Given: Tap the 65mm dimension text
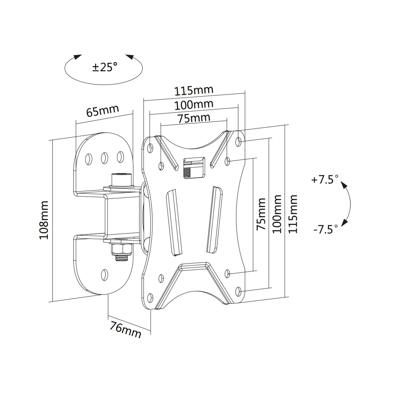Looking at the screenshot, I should point(102,111).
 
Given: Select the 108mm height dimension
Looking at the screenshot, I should point(44,220).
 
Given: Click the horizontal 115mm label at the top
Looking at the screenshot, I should point(194,91).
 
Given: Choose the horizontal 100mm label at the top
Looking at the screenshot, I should point(194,105).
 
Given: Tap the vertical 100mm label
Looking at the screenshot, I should point(277,214).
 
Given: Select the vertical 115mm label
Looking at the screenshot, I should point(293,214).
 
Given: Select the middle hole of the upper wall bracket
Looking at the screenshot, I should point(104,157).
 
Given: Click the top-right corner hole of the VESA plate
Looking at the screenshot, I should point(238,142).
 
